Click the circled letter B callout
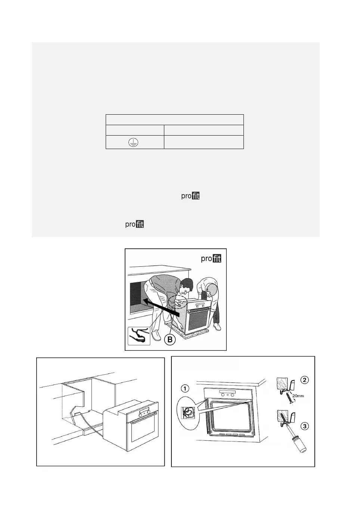[170, 339]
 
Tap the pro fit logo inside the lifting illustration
[211, 258]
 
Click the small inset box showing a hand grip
[139, 336]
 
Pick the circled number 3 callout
[305, 426]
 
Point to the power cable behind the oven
[90, 426]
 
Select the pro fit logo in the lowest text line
[134, 224]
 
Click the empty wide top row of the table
[174, 120]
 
